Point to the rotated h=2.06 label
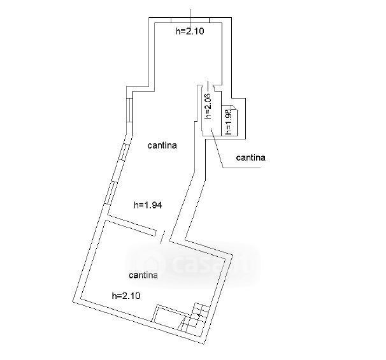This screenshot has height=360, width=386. pyautogui.click(x=207, y=106)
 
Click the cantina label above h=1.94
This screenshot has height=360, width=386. pyautogui.click(x=162, y=145)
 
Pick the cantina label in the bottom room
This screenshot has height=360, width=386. pyautogui.click(x=143, y=275)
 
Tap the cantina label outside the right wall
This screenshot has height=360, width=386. pyautogui.click(x=250, y=157)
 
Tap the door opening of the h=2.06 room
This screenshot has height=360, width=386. pyautogui.click(x=214, y=85)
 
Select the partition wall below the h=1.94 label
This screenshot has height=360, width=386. pyautogui.click(x=131, y=224)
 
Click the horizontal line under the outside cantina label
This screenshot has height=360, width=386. pyautogui.click(x=242, y=168)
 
